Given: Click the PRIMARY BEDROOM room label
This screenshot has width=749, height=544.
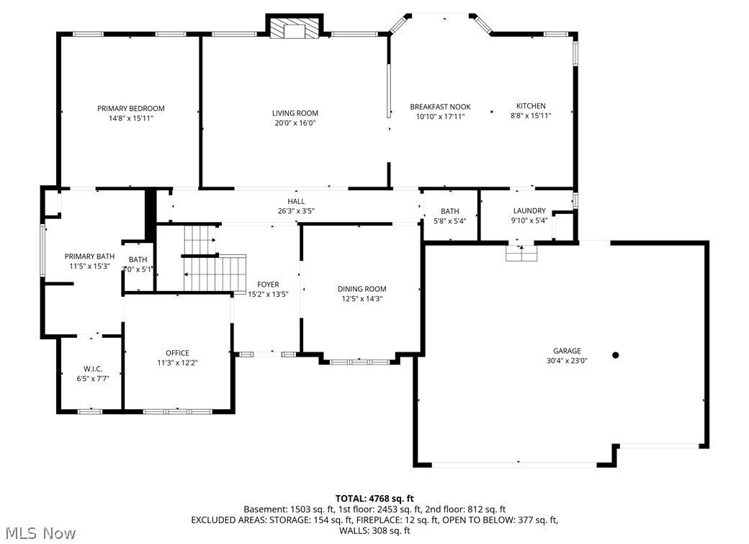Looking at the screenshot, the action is (131, 109).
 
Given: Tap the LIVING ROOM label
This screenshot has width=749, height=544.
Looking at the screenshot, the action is (295, 113).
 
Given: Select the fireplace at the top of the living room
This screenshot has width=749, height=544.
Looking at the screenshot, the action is (295, 28).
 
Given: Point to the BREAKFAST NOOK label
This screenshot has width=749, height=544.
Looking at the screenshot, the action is (441, 107).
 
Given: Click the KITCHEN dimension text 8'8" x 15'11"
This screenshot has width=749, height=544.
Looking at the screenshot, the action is (532, 115).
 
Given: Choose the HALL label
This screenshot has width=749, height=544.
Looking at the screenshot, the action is (296, 201).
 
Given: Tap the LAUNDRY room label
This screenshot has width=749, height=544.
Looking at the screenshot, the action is (529, 211).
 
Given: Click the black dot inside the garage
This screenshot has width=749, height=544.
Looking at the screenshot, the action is (616, 355).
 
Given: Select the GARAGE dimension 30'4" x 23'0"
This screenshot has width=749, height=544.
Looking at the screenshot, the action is (567, 360).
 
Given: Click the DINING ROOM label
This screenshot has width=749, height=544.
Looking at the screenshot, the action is (362, 289).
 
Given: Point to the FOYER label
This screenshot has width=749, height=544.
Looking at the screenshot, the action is (268, 285).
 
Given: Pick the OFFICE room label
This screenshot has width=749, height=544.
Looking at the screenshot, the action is (177, 353).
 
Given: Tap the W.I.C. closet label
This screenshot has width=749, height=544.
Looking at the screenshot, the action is (93, 369).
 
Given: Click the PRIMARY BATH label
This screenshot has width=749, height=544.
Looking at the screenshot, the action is (89, 257).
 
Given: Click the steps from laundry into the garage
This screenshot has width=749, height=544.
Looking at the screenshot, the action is (521, 253).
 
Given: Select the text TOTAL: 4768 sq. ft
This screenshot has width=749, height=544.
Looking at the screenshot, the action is (374, 499).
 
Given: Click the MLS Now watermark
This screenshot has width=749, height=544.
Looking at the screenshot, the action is (41, 533).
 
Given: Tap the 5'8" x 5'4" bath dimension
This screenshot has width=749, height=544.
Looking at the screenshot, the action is (450, 221).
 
